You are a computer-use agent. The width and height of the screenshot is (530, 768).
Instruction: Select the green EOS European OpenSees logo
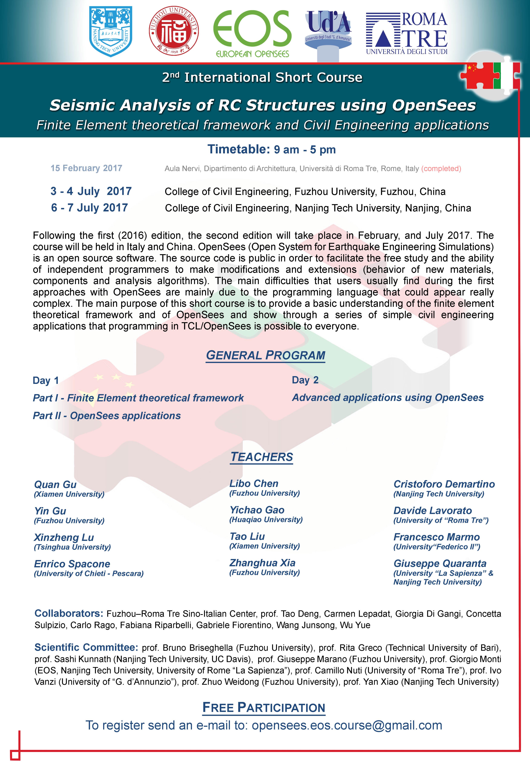252,33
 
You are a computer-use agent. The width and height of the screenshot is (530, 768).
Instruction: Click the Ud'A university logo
328,33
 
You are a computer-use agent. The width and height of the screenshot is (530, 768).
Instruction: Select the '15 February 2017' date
86,168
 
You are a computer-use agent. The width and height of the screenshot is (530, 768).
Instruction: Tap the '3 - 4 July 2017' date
91,191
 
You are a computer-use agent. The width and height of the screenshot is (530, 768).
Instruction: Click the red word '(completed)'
441,169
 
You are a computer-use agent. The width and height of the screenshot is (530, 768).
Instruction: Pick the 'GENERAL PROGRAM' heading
265,355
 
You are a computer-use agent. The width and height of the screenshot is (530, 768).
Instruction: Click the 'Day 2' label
305,380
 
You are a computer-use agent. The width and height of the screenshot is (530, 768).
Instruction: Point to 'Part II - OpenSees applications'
107,416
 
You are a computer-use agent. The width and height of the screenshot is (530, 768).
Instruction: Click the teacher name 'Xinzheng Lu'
64,537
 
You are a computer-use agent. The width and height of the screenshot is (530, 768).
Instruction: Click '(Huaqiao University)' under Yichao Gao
266,520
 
